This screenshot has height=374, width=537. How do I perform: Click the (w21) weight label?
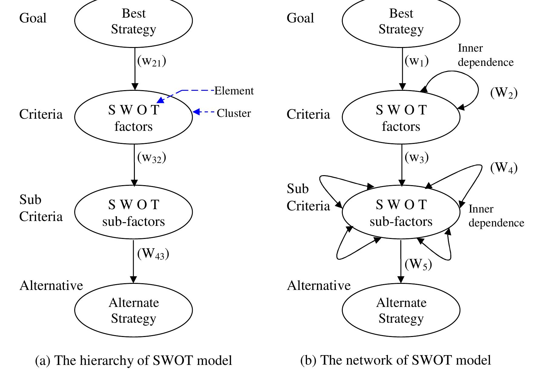coord(152,61)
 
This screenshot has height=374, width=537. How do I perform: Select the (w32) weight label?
coord(152,158)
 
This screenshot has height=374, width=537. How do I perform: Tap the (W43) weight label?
coord(153,254)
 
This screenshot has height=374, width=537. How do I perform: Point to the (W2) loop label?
coord(504,93)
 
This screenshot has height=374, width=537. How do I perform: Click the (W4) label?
coord(504,168)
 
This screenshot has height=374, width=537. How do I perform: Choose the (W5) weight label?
coord(418,264)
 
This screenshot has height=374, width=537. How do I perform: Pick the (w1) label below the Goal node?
coord(417,61)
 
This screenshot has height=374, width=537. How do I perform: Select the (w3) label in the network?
coord(417,158)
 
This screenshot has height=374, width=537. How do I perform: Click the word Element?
coord(234,91)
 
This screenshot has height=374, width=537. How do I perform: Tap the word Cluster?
coord(234,113)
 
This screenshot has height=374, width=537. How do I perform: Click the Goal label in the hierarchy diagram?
coord(33,18)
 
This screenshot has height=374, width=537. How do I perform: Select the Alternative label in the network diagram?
coord(319,285)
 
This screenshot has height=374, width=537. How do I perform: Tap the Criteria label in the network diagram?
coord(308,114)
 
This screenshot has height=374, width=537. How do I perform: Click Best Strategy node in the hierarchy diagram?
coord(133,21)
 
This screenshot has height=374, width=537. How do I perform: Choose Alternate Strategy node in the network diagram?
coord(401,310)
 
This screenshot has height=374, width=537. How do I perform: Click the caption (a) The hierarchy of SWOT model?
coord(133,360)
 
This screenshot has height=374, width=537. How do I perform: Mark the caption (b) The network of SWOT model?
coord(395,360)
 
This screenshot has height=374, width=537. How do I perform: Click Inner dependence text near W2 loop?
coord(485,55)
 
